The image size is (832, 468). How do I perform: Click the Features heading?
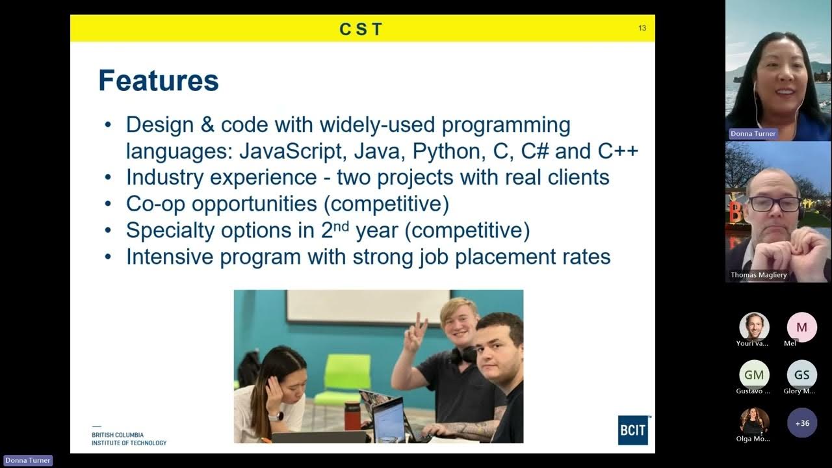tap(158, 81)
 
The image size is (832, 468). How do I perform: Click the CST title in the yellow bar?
tap(361, 29)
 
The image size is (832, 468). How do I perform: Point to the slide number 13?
tap(642, 28)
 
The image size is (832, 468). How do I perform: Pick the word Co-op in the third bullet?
tap(155, 203)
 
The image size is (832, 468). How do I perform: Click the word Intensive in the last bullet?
tap(170, 256)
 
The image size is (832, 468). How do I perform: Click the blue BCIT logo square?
tap(633, 430)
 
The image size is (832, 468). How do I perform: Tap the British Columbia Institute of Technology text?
tap(129, 439)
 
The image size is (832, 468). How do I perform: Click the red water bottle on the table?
tap(352, 416)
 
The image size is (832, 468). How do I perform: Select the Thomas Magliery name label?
tap(759, 275)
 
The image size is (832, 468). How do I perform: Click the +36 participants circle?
tap(802, 423)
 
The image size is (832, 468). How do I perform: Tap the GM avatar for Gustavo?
tap(754, 375)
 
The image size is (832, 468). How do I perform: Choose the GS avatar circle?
tap(802, 375)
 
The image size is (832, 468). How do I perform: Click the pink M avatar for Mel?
tap(802, 328)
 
